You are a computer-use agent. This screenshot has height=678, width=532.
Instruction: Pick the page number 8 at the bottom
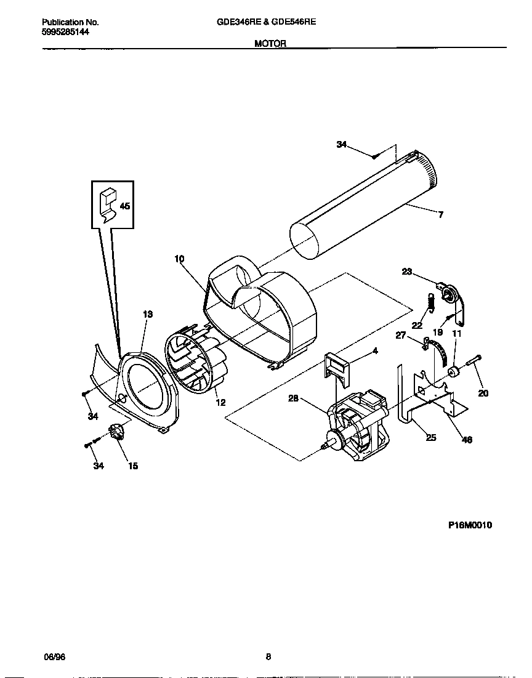pyautogui.click(x=268, y=656)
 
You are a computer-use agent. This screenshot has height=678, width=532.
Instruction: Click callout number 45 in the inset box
pyautogui.click(x=124, y=206)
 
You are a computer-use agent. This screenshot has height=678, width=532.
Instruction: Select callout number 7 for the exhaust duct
pyautogui.click(x=441, y=215)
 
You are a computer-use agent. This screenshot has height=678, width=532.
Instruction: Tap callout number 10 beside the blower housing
pyautogui.click(x=179, y=259)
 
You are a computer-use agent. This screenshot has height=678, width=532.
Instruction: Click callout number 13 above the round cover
pyautogui.click(x=148, y=314)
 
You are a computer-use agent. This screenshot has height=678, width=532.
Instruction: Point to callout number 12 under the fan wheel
pyautogui.click(x=220, y=403)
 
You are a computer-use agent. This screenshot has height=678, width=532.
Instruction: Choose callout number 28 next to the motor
pyautogui.click(x=294, y=398)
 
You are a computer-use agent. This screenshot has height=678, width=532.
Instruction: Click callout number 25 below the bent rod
pyautogui.click(x=431, y=437)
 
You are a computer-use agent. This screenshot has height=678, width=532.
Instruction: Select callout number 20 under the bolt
pyautogui.click(x=483, y=393)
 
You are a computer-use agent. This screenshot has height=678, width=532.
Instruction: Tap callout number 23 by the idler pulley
pyautogui.click(x=407, y=272)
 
